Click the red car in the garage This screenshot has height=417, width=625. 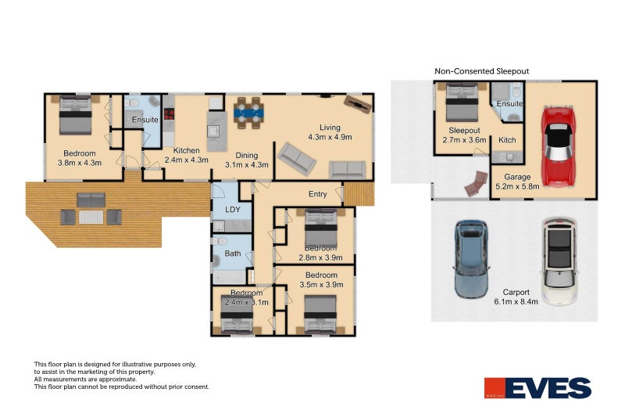coord(557,146)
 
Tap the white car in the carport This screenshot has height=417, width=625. coord(558,261)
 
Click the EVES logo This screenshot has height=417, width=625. coord(537,387)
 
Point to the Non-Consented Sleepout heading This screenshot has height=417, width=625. coord(481,71)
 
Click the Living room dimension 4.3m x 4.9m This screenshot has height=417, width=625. coord(330,137)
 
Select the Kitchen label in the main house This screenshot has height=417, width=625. coord(187,151)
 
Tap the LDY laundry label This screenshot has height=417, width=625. coord(233,210)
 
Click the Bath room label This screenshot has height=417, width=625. coord(232,253)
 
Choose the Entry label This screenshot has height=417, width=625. coord(318,194)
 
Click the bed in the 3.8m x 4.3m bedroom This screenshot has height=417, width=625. coord(75,114)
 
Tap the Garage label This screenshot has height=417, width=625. coord(516,177)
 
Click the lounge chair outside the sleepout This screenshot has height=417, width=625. coord(473,185)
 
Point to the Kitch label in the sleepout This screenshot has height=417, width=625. coord(506,139)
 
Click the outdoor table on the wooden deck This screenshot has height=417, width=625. coord(91,215)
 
